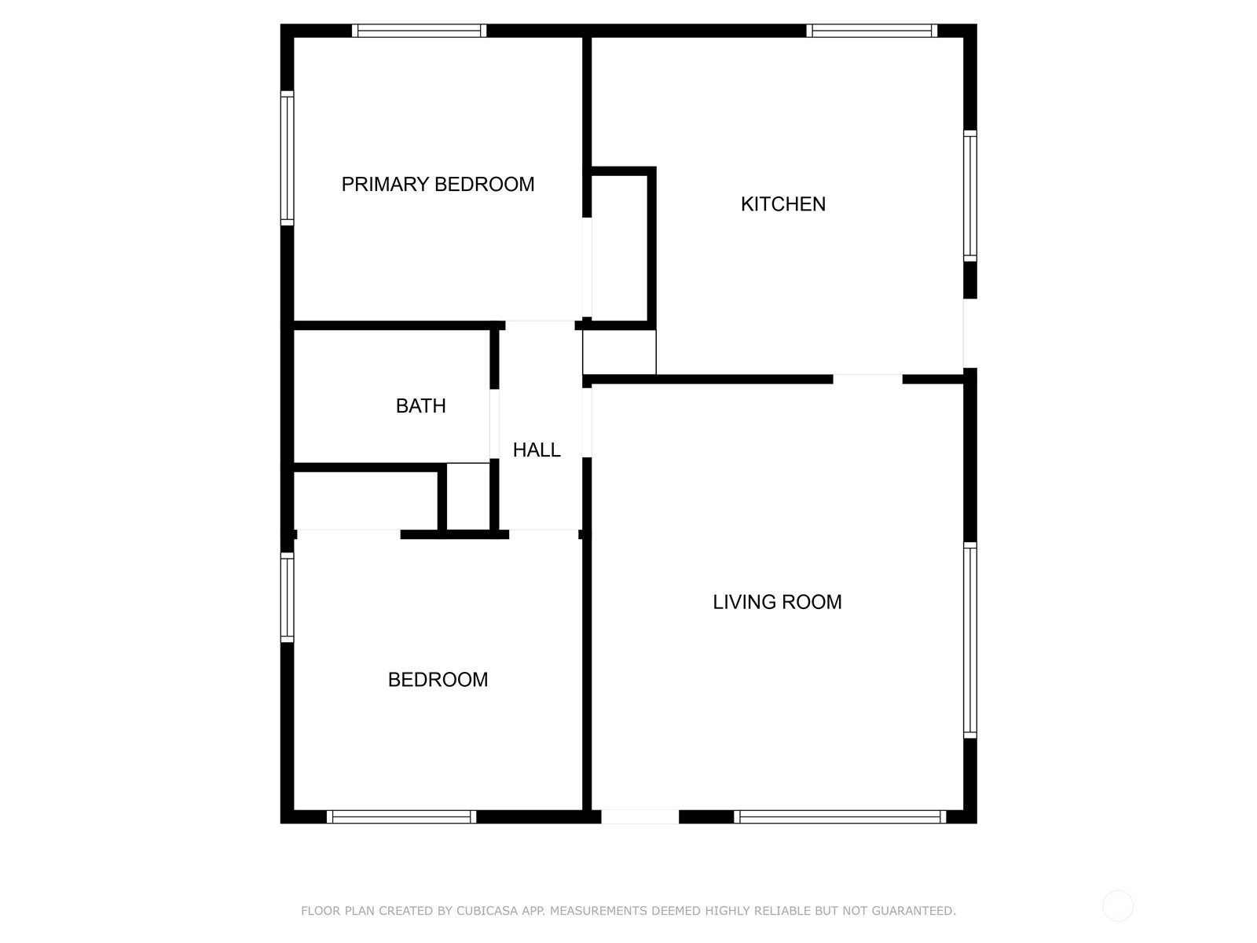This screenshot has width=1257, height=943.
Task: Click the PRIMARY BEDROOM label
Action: point(438,185)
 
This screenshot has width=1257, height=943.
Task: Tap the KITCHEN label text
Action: point(782,204)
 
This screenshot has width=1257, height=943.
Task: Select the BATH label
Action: point(420,406)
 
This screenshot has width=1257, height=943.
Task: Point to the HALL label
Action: point(537,450)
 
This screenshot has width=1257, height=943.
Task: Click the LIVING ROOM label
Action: point(777,602)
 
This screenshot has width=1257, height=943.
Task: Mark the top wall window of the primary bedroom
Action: point(420,31)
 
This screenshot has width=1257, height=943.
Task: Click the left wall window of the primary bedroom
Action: point(287,158)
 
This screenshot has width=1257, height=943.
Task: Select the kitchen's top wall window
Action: point(871,31)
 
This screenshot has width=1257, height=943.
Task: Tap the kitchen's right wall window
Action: point(970,196)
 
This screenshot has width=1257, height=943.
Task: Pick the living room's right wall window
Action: point(970,640)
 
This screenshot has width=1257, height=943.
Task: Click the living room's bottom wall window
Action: point(840,817)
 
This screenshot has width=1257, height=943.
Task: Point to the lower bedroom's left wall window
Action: point(287,597)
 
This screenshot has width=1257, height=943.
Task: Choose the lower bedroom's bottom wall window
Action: point(401,817)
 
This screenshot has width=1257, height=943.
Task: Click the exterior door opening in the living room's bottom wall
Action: point(639,817)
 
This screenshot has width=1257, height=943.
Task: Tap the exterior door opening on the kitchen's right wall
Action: point(970,333)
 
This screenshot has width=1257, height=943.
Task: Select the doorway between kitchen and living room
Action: point(867,379)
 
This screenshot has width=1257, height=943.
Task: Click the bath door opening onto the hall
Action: point(494,424)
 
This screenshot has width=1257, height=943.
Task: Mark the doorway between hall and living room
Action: point(587,423)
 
